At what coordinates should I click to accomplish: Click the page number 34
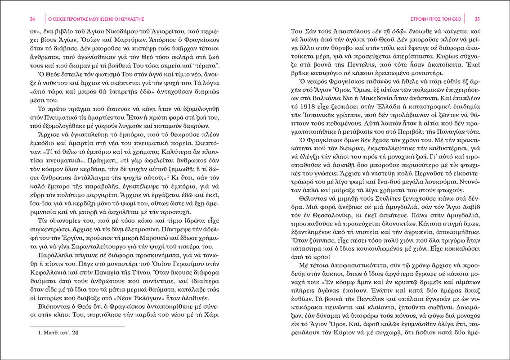[32, 19]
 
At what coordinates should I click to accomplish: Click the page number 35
[478, 19]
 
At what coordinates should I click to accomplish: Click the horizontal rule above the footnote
[77, 326]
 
